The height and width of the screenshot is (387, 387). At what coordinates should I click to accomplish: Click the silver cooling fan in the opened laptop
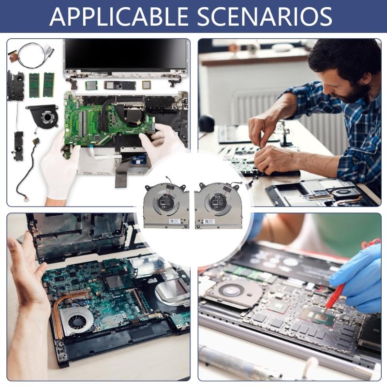[77, 319]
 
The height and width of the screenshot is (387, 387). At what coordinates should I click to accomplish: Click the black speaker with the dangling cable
[18, 146]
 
